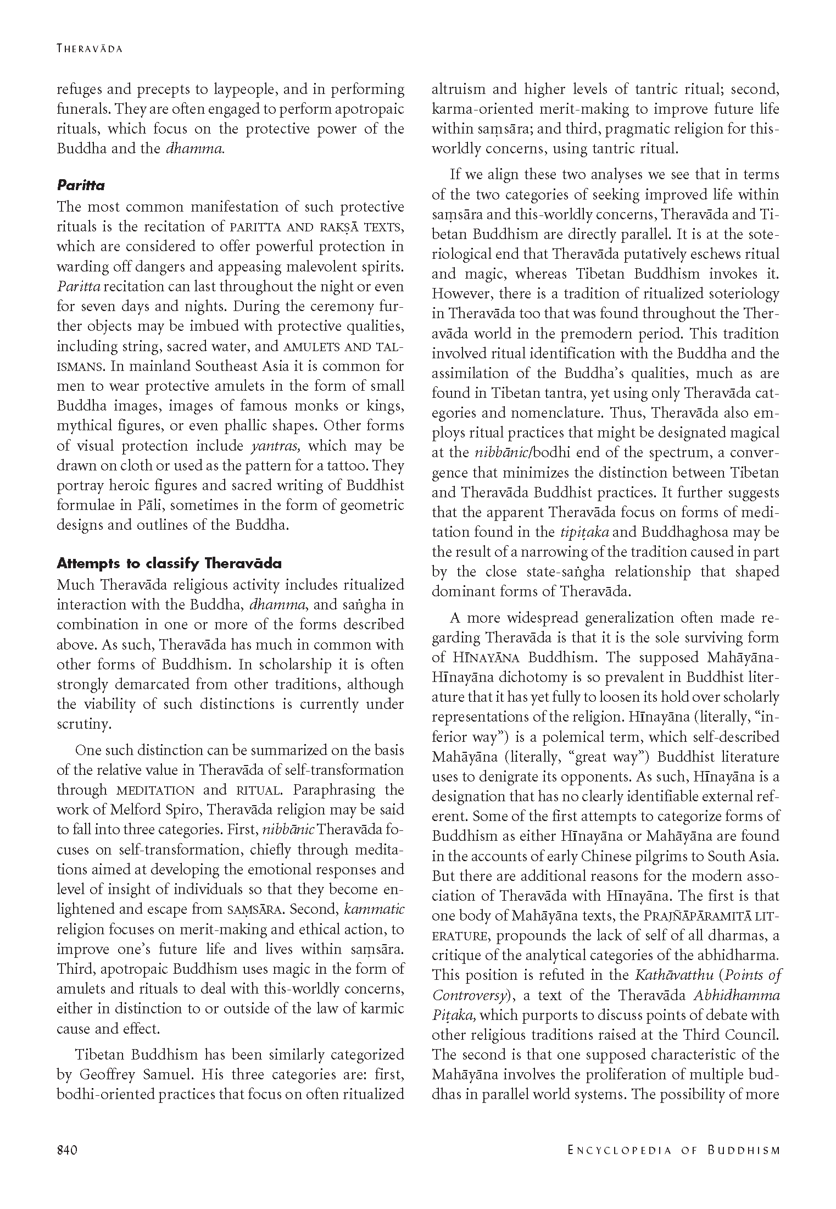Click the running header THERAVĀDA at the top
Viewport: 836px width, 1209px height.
90,48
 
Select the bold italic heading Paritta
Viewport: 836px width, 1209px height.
81,185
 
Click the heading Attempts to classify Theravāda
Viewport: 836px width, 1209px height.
169,564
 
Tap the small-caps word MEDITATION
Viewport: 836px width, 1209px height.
155,791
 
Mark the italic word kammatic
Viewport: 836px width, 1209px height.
374,909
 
